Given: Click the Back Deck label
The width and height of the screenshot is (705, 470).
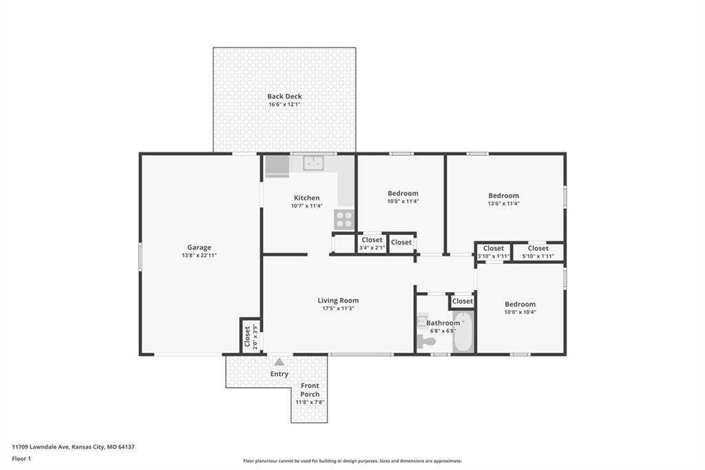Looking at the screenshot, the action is (284, 96).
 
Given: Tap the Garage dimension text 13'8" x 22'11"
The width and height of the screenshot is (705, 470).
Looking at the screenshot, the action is (199, 255).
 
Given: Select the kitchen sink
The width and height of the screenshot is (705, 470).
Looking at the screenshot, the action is (313, 163).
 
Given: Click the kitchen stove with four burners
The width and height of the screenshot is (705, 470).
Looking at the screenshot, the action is (344, 220).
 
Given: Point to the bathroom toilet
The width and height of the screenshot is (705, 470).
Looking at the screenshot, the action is (425, 341).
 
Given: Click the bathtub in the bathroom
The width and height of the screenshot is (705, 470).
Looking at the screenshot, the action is (463, 333).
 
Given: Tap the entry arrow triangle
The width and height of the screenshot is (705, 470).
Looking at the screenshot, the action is (280, 362).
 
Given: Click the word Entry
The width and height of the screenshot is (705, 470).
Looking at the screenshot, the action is (280, 374).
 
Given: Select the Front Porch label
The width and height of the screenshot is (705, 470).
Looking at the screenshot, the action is (310, 390).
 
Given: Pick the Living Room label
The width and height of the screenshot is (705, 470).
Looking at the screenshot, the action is (338, 300).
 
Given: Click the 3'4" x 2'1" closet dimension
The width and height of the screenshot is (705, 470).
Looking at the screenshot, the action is (372, 247).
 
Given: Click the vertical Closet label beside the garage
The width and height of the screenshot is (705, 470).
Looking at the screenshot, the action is (247, 336).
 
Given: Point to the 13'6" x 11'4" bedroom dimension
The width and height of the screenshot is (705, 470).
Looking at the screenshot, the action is (503, 203).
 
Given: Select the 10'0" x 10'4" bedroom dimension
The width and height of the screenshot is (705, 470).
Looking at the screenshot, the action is (520, 312).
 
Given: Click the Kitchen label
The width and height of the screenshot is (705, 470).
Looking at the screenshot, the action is (306, 198).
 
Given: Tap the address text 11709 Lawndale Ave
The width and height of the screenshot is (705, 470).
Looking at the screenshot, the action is (40, 447).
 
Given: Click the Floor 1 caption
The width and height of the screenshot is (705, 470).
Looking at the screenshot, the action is (21, 459).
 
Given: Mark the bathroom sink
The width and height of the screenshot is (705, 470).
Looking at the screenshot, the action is (421, 321).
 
